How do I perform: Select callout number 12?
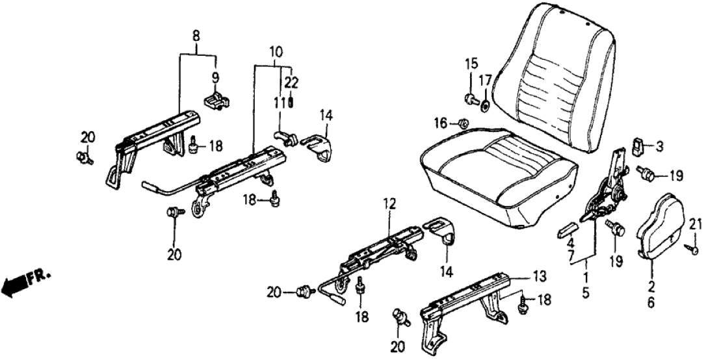pyautogui.click(x=389, y=203)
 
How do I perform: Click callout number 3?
pyautogui.click(x=659, y=147)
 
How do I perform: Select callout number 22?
pyautogui.click(x=291, y=83)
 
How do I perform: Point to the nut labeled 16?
pyautogui.click(x=460, y=122)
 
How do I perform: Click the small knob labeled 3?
pyautogui.click(x=638, y=146)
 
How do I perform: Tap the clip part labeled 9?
pyautogui.click(x=217, y=101)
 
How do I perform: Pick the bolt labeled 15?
pyautogui.click(x=469, y=99)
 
